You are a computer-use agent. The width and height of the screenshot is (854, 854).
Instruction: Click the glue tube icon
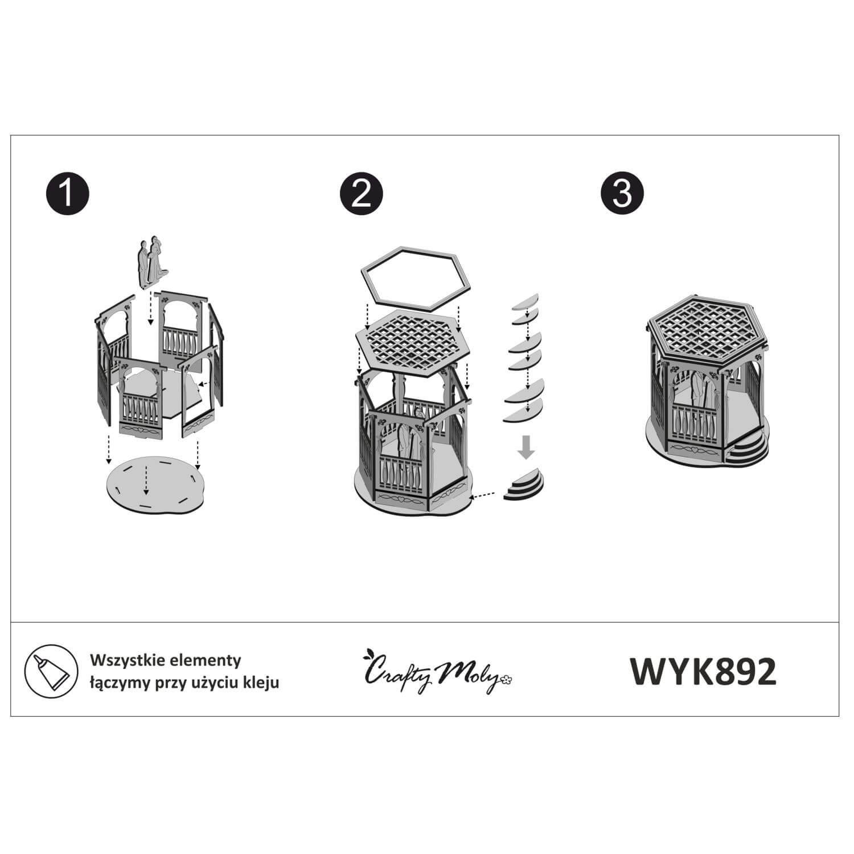point(51,671)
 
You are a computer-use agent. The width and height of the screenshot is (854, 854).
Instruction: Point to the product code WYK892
point(703,672)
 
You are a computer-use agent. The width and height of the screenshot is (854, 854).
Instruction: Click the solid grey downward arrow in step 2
point(527,448)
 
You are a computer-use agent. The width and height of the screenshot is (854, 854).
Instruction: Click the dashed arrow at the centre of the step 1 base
point(146,479)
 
